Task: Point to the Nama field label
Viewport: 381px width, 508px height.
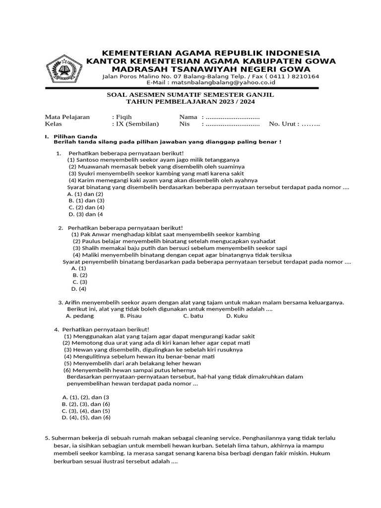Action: click(x=189, y=117)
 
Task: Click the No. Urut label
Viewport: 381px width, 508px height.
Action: click(x=284, y=124)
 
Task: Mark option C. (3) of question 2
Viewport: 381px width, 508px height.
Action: click(x=79, y=282)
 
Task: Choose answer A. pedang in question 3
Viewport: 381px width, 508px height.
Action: click(x=80, y=316)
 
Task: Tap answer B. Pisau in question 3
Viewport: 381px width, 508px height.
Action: click(x=131, y=316)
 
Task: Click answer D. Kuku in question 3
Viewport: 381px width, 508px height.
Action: click(x=237, y=316)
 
